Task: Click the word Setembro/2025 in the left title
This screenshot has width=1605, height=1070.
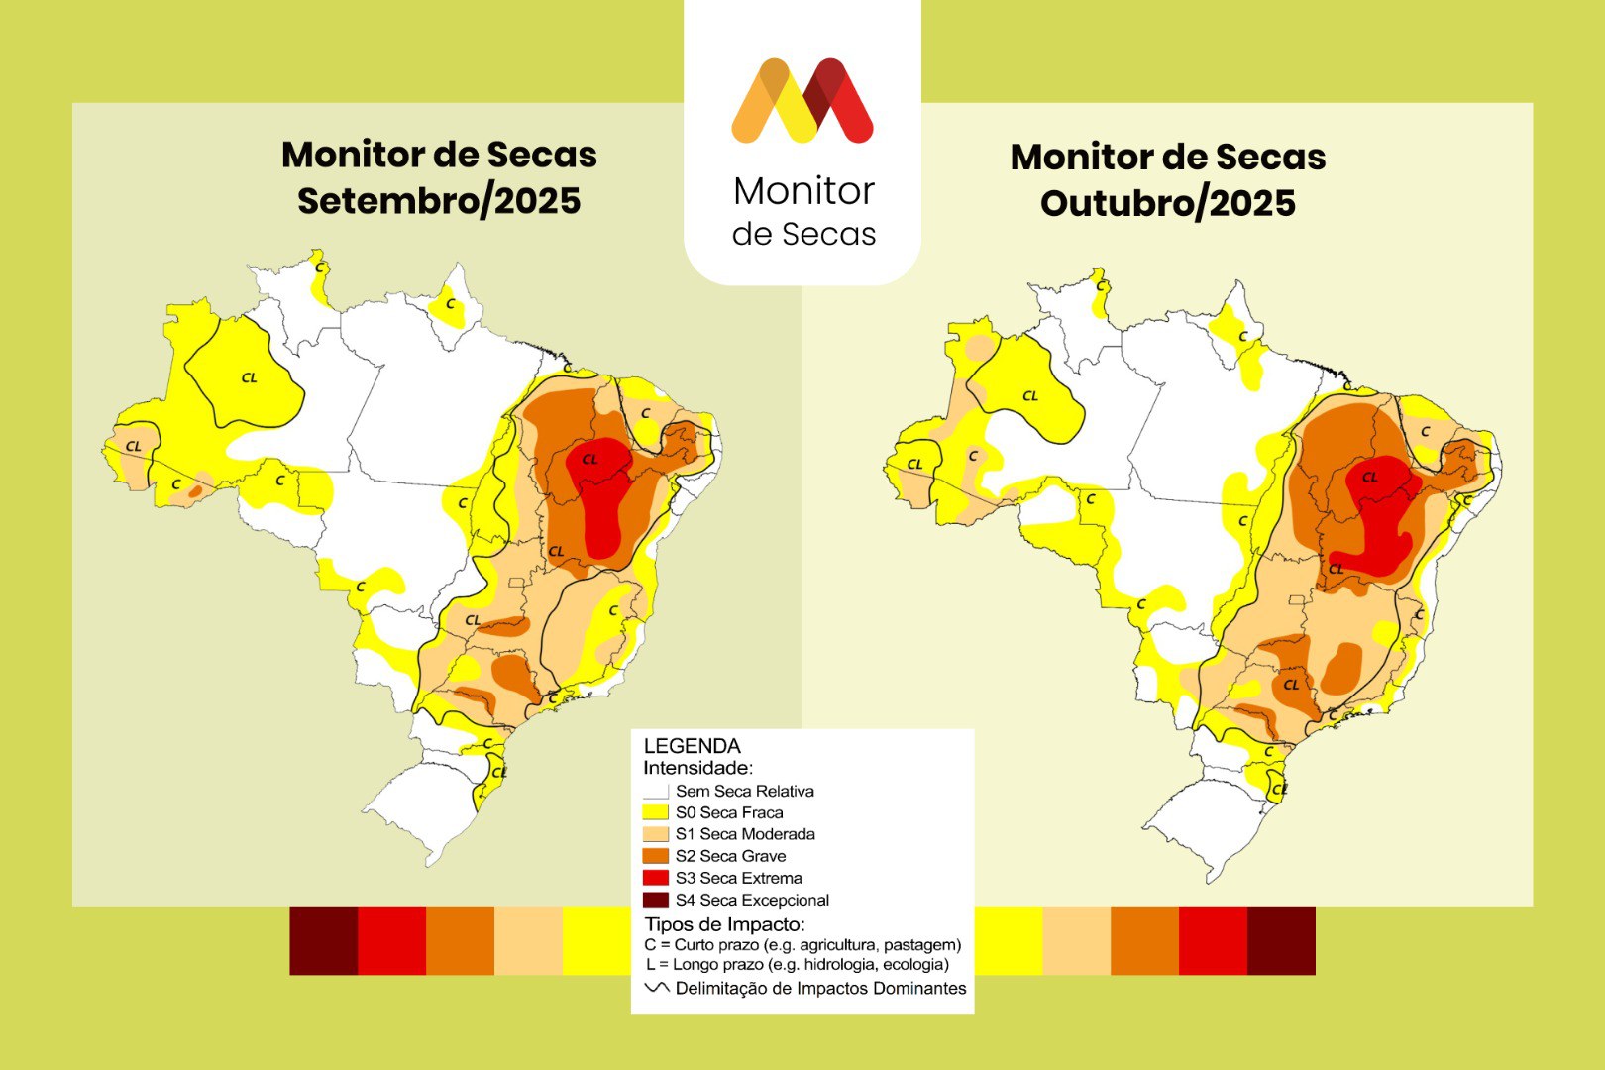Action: click(x=439, y=201)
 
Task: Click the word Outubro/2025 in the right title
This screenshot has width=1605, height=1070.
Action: click(x=1168, y=204)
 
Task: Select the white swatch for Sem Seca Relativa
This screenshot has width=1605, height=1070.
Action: click(x=655, y=792)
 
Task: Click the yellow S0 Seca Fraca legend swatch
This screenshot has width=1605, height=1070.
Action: click(x=655, y=812)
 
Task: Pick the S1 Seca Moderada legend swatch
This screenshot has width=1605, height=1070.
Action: click(x=655, y=834)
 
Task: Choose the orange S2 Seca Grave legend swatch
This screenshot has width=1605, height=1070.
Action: click(x=655, y=856)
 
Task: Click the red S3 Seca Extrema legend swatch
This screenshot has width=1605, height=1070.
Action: click(x=655, y=878)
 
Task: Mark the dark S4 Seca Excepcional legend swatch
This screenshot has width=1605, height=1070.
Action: click(x=655, y=900)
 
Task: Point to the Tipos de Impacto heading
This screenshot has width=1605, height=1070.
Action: click(x=724, y=924)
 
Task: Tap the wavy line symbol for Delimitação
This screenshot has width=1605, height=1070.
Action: click(x=656, y=988)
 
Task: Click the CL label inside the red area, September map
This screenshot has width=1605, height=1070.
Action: click(x=589, y=460)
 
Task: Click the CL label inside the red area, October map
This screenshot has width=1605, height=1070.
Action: click(x=1369, y=478)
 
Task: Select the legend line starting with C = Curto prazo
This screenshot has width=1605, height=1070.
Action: click(x=802, y=945)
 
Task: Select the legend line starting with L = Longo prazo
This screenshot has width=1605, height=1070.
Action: click(x=797, y=964)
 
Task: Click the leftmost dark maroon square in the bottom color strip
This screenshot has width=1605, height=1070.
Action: click(x=323, y=940)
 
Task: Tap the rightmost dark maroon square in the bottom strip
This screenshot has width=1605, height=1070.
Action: click(x=1281, y=940)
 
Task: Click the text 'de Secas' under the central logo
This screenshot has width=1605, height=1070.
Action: click(x=803, y=234)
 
